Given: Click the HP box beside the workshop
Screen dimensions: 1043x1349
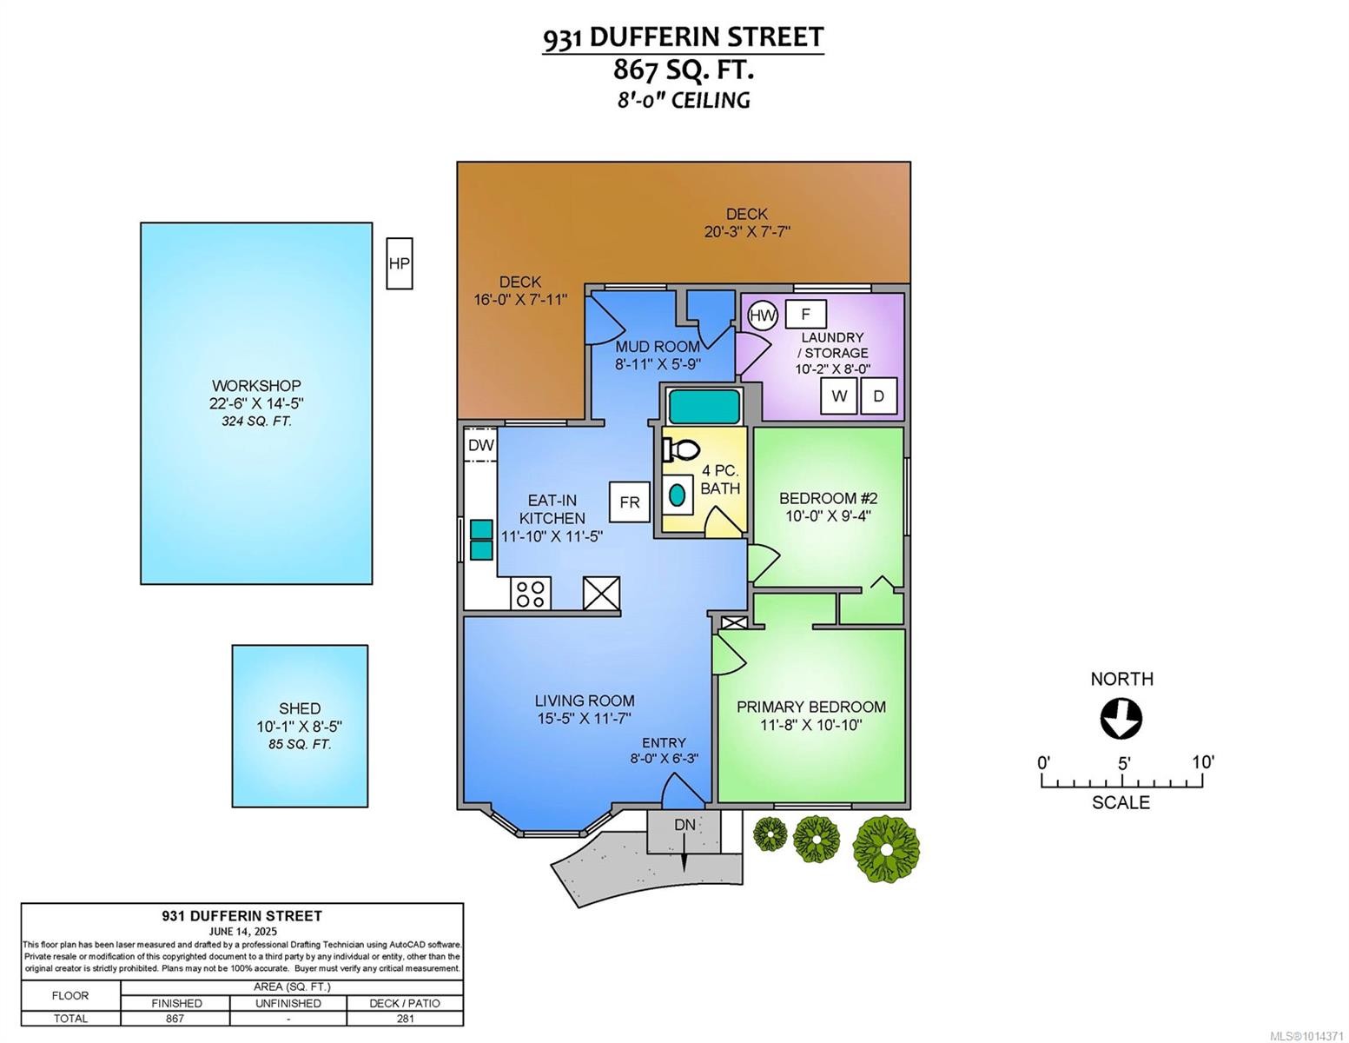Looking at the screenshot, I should click(x=400, y=263).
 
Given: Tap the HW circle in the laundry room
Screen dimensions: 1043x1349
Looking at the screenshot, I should click(x=763, y=316).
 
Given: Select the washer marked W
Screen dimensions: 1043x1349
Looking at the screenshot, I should click(x=839, y=396).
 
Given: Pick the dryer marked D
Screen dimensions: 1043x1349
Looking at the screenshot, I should click(x=878, y=396).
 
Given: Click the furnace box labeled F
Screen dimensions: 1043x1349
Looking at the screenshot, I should click(x=805, y=314).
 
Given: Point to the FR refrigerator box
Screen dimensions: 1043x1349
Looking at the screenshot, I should click(x=630, y=502).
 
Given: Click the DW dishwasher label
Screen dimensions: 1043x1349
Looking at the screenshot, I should click(x=480, y=446).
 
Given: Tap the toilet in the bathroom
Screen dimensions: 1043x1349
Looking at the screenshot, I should click(x=682, y=449).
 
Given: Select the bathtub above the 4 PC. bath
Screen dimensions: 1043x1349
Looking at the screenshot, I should click(x=704, y=407).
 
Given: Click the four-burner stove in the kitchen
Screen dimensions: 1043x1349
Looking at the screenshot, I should click(x=530, y=594).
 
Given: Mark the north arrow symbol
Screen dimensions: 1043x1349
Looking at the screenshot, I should click(x=1121, y=720).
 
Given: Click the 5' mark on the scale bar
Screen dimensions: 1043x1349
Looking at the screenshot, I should click(x=1122, y=764).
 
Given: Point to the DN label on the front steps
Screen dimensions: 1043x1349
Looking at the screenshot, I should click(x=684, y=824).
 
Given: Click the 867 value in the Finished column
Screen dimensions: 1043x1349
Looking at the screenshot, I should click(x=175, y=1019).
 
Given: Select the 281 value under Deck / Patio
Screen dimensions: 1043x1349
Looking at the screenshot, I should click(x=404, y=1019).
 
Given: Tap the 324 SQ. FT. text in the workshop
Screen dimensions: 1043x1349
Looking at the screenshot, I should click(x=256, y=422).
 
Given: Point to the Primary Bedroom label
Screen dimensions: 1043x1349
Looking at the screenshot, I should click(x=811, y=707).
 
